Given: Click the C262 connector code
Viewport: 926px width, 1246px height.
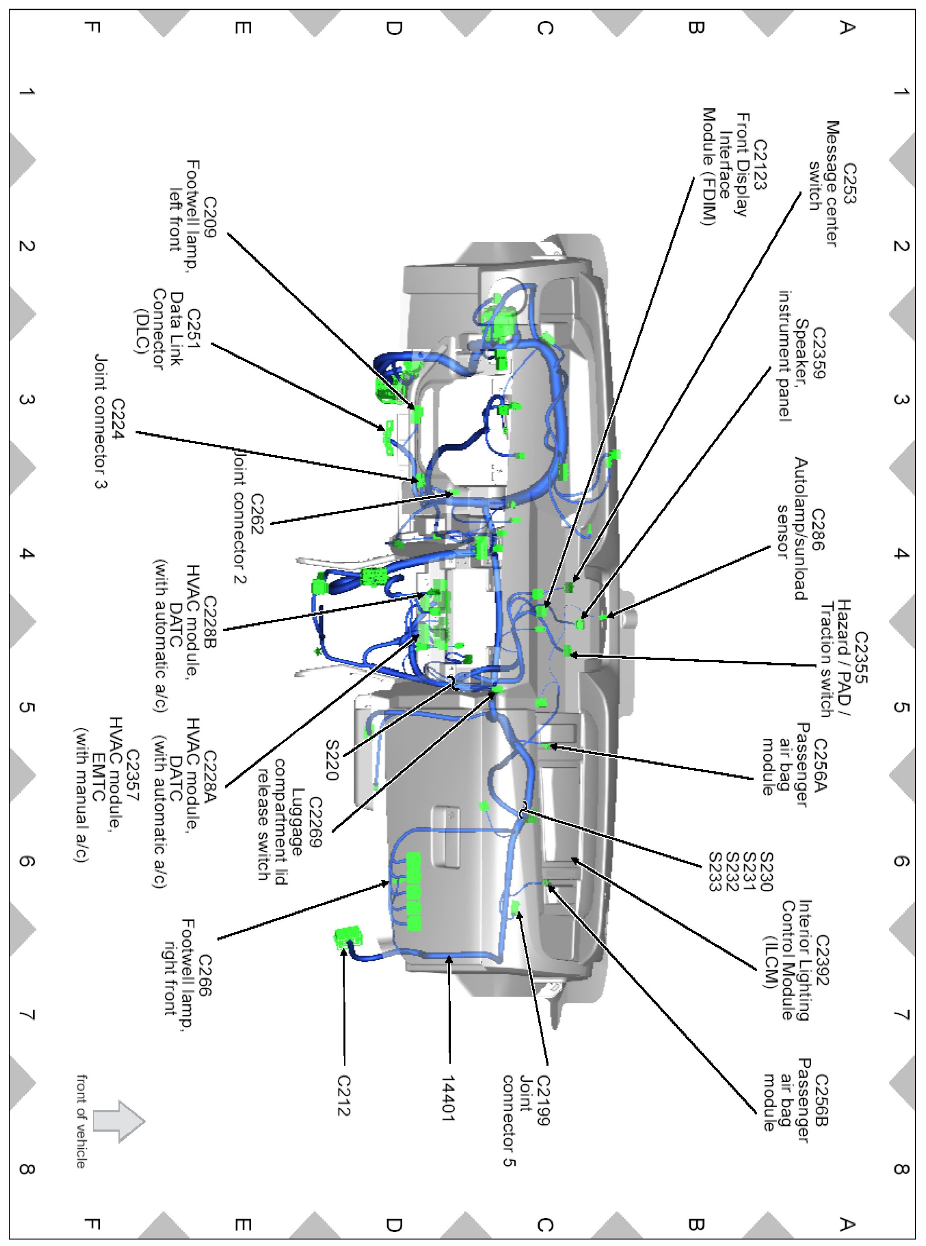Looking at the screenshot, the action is pos(257,513).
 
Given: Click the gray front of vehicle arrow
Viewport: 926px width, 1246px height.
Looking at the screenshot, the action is pos(119,1120).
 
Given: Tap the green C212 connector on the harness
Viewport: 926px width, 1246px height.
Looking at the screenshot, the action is pos(348,937).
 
